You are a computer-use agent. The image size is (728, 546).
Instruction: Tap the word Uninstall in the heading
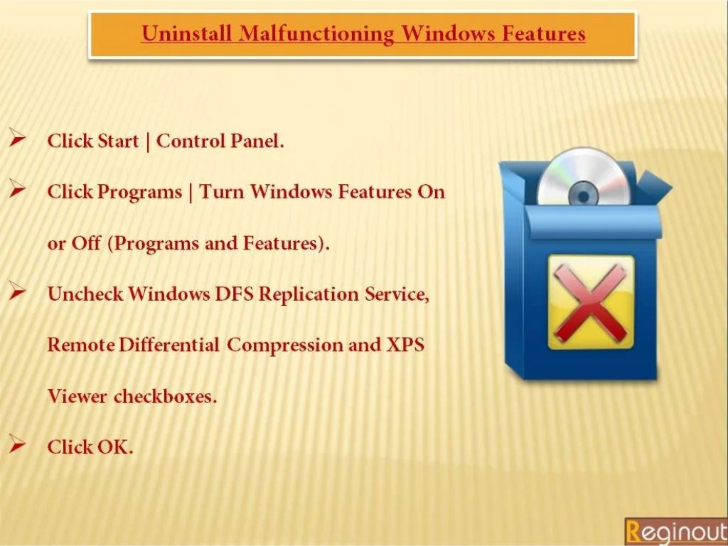(x=187, y=34)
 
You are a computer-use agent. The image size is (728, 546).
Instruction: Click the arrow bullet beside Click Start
(x=18, y=139)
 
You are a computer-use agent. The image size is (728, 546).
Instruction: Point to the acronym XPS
(x=405, y=346)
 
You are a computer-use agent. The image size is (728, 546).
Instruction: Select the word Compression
(x=284, y=346)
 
